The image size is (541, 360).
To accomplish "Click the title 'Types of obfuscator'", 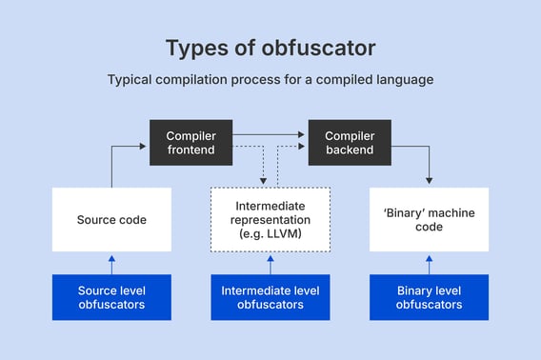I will pyautogui.click(x=270, y=48).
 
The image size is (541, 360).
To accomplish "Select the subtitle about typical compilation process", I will pyautogui.click(x=270, y=80).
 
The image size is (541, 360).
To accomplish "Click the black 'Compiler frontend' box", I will pyautogui.click(x=191, y=143).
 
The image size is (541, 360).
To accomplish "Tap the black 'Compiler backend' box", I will pyautogui.click(x=349, y=143).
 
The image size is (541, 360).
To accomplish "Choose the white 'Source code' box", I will pyautogui.click(x=112, y=219).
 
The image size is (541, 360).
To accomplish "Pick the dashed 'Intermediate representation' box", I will pyautogui.click(x=270, y=219).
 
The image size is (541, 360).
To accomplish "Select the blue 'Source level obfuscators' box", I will pyautogui.click(x=112, y=297).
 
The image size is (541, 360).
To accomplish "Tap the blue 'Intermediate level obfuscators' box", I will pyautogui.click(x=270, y=297).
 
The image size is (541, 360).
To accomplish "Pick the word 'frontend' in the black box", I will pyautogui.click(x=191, y=150).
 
